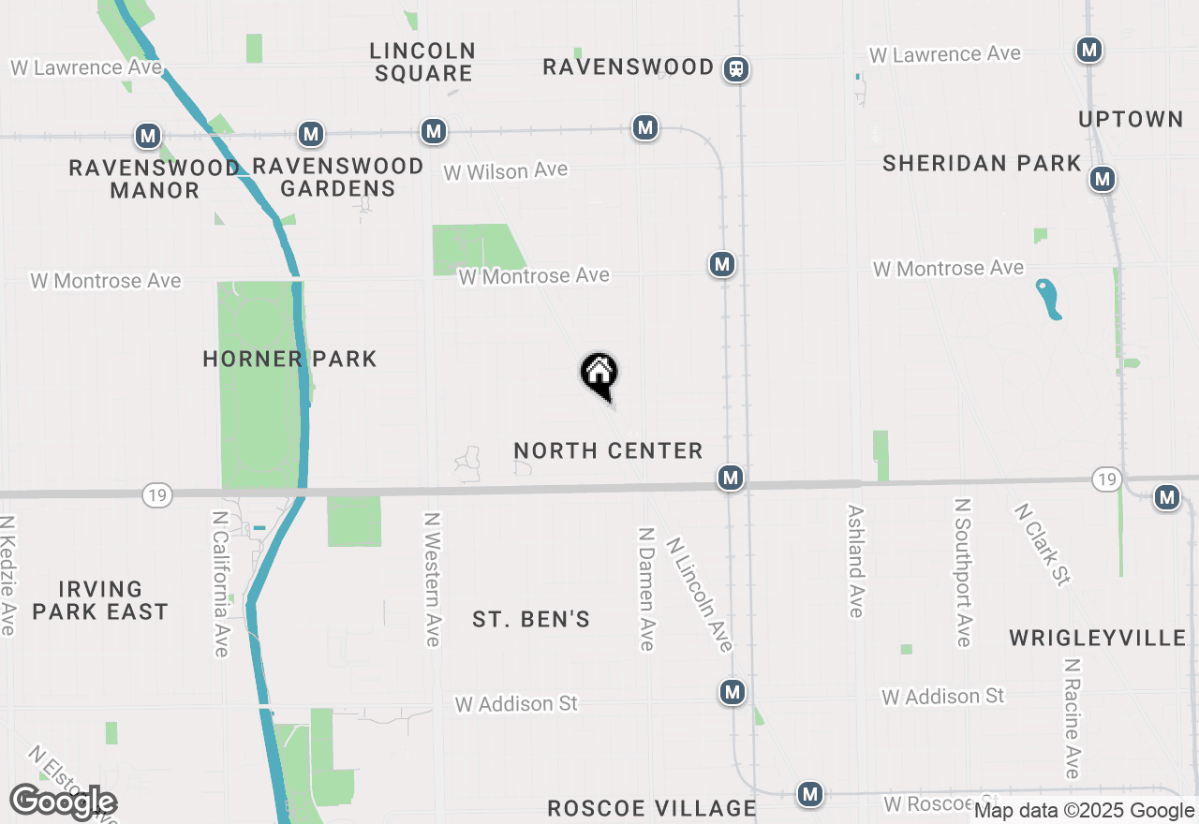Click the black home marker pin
tap(599, 375)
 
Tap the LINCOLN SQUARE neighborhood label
tap(422, 62)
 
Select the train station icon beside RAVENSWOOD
tap(737, 68)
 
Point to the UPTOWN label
tap(1131, 120)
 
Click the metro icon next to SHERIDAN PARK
tap(1103, 178)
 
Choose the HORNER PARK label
tap(289, 359)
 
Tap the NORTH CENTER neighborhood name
tap(608, 451)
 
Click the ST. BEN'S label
tap(531, 619)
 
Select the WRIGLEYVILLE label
tap(1098, 639)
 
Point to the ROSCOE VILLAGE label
tap(651, 808)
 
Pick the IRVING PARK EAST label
tap(100, 600)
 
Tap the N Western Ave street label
tap(432, 579)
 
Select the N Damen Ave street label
tap(645, 588)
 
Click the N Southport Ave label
tap(962, 571)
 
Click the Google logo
tap(63, 802)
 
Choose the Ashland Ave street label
tap(855, 562)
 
